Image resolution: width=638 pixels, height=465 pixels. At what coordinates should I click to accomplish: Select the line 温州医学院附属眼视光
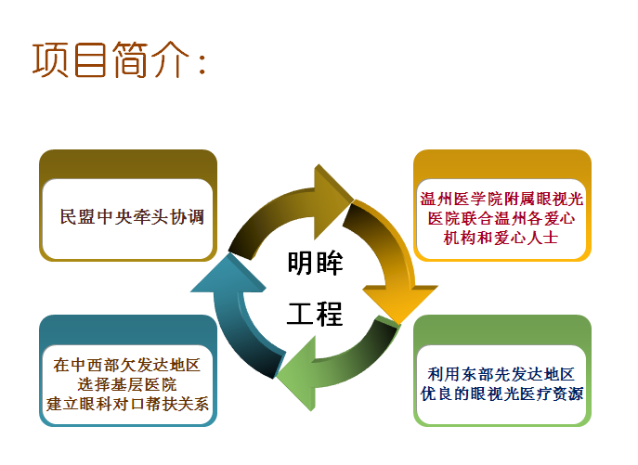tap(501, 200)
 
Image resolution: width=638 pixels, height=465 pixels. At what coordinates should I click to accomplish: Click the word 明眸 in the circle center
tap(315, 265)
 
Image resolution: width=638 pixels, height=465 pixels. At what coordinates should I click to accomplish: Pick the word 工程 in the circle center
tap(315, 314)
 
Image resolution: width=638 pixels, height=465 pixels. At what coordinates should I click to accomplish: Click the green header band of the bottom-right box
tap(501, 329)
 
